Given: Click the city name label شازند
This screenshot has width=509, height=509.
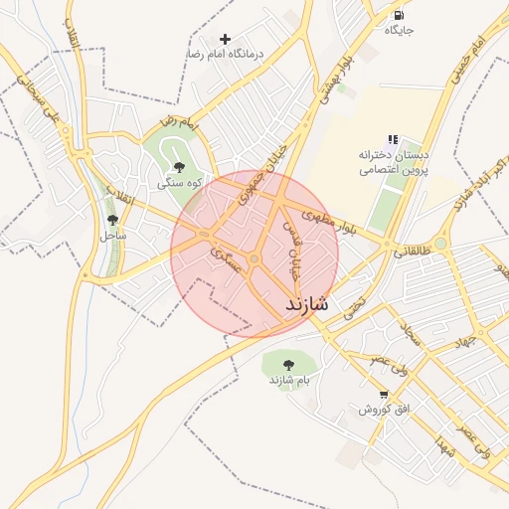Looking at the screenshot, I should coord(306,303).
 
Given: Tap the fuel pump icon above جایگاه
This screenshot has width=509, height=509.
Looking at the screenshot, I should coord(399,16).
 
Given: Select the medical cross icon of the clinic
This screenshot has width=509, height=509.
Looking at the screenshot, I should coord(226,39).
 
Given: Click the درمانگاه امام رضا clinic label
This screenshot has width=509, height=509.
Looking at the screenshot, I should coord(225,54).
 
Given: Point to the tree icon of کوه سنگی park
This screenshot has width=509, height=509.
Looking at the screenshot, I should coord(179,167).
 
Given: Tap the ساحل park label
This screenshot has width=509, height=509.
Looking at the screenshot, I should coord(112,236).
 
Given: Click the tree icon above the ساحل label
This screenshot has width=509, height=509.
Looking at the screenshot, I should coord(112,220).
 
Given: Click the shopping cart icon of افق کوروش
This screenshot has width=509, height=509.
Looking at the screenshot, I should coord(384,395).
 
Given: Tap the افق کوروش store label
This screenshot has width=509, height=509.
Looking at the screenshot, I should coord(384,410).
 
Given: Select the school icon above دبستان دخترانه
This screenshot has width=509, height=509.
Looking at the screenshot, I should coord(393,140).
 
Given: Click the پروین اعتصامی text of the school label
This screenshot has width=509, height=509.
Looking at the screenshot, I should coord(394,170).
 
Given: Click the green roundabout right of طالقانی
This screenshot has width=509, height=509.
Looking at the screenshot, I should coord(440,243).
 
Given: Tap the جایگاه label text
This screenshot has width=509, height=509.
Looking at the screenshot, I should coord(399,31).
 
